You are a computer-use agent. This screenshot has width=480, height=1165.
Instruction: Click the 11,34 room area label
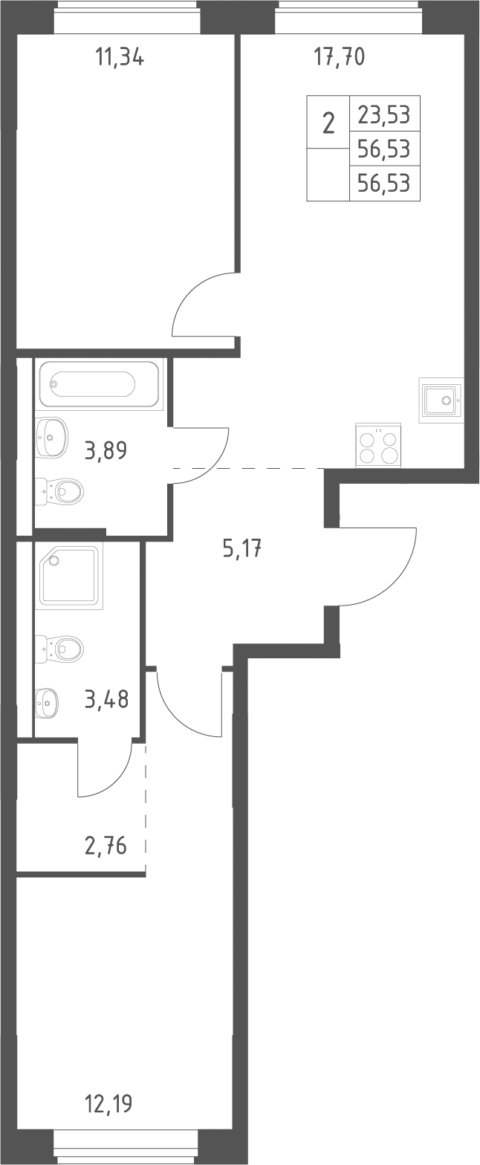click(120, 56)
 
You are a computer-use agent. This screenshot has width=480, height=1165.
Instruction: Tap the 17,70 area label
click(339, 56)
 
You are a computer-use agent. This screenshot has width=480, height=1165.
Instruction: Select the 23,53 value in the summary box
click(384, 114)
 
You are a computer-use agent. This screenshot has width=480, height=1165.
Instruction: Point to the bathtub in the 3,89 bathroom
click(99, 384)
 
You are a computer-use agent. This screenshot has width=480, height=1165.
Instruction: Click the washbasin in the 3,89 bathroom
click(51, 438)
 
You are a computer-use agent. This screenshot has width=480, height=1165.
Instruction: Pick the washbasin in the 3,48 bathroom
click(47, 703)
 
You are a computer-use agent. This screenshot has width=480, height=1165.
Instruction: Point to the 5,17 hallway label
click(241, 548)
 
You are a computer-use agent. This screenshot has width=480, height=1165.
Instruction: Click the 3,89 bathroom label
click(106, 450)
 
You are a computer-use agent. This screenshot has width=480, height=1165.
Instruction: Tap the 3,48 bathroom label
click(106, 699)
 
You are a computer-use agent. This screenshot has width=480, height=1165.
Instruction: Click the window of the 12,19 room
click(126, 1154)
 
